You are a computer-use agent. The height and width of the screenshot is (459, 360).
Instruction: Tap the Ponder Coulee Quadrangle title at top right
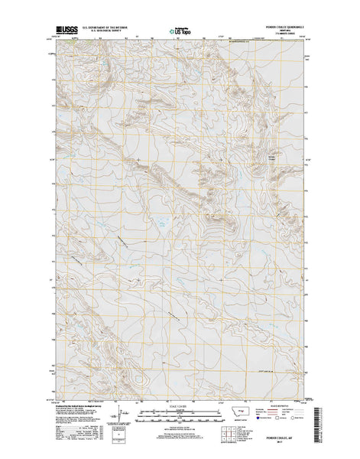tap(287, 29)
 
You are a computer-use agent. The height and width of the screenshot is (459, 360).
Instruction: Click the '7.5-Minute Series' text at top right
tap(287, 37)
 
